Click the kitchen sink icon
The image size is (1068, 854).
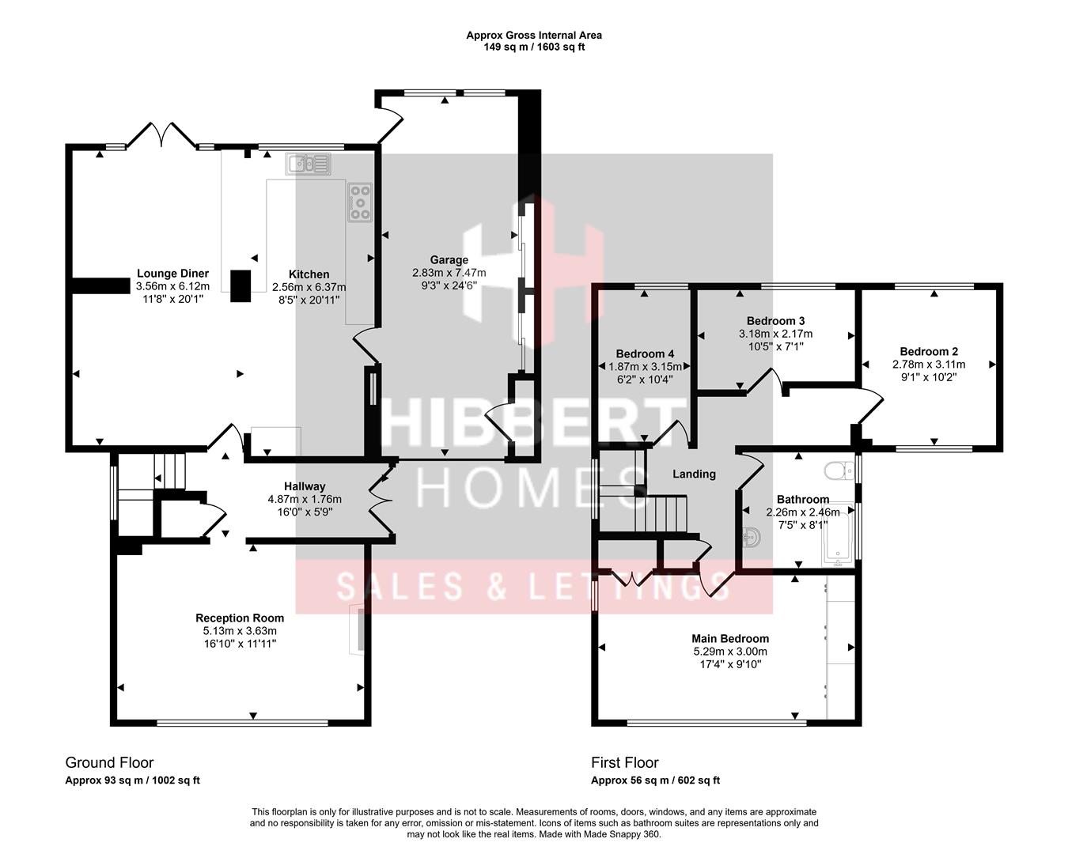[309, 164]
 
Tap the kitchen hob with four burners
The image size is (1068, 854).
[360, 202]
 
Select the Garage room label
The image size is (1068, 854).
[449, 259]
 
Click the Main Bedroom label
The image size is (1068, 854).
[729, 638]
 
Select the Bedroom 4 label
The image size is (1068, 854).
[645, 353]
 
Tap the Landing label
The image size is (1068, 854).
[694, 474]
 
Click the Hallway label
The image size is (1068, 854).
[305, 486]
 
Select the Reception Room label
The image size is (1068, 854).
[240, 618]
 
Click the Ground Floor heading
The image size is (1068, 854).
[109, 762]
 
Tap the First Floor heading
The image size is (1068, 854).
[624, 762]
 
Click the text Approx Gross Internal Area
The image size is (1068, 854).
[533, 35]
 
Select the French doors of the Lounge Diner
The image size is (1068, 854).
[162, 135]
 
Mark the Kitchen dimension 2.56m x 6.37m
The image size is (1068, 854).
[309, 287]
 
